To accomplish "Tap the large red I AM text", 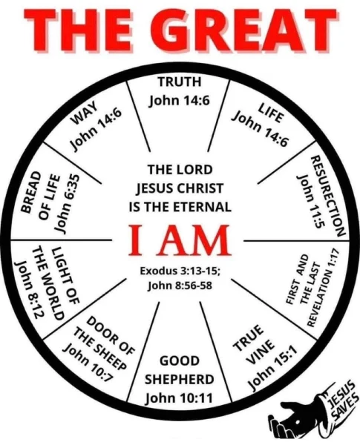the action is pos(180,240).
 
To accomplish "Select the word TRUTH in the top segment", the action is pos(180,82).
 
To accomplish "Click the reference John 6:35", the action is pos(67,202).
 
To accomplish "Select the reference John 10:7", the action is pos(89,363).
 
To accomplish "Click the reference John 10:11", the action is pos(179,398).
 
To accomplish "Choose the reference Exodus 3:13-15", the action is pos(180,271).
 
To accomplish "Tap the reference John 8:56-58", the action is pos(180,286).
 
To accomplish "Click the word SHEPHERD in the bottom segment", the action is pos(180,379).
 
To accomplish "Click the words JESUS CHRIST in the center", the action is pos(180,188).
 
